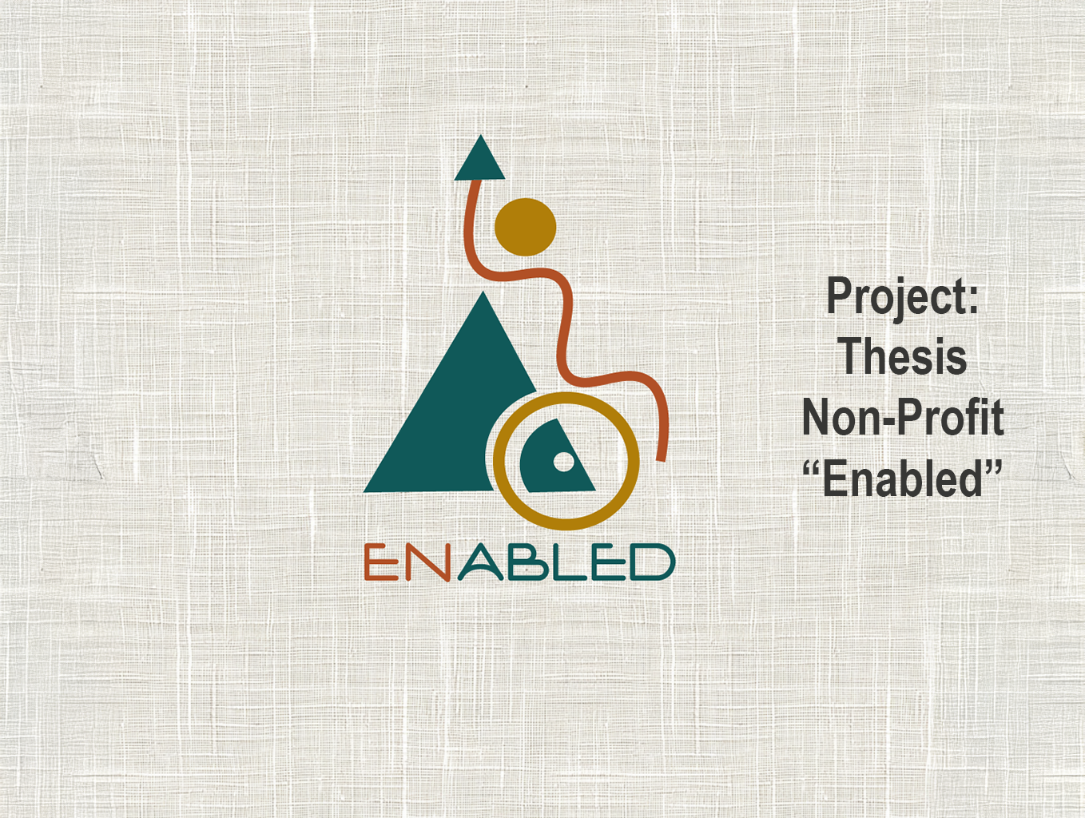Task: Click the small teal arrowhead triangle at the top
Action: pos(479,161)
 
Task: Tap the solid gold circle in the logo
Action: pos(526,227)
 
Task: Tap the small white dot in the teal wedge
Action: pos(563,463)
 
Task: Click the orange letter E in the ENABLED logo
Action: pos(381,562)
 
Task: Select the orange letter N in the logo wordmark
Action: pos(428,562)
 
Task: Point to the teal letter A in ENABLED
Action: pos(481,563)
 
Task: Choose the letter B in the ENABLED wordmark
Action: pos(528,562)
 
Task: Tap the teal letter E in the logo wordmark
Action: pos(608,562)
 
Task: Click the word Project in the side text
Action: pos(896,297)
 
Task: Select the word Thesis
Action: pos(904,355)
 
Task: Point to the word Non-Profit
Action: pos(903,418)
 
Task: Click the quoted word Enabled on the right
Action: pos(903,478)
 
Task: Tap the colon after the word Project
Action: pos(973,300)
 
